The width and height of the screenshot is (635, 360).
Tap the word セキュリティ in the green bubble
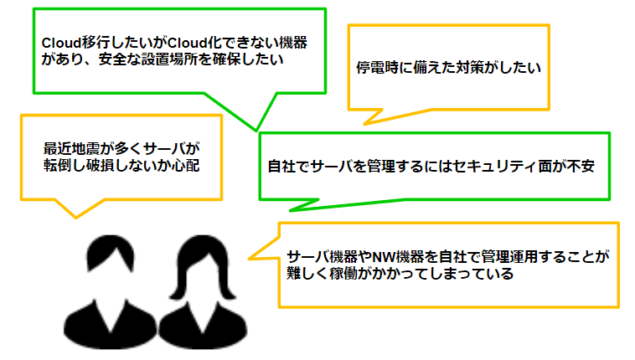coord(495,167)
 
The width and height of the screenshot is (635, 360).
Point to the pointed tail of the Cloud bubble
coord(256,131)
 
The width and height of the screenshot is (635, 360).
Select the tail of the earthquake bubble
coord(75,218)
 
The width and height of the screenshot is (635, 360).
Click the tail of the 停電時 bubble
coord(364,124)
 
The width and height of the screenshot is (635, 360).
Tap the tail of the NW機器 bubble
coord(250,258)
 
